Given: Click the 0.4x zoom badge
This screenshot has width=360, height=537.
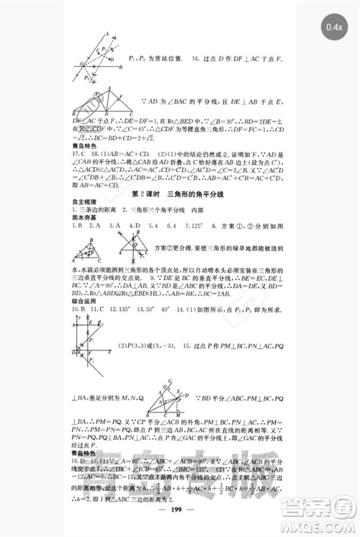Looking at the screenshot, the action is [x=333, y=27].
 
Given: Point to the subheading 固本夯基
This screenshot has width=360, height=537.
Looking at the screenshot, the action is [x=83, y=217].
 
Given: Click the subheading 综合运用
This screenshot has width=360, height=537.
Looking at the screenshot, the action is [x=83, y=297].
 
